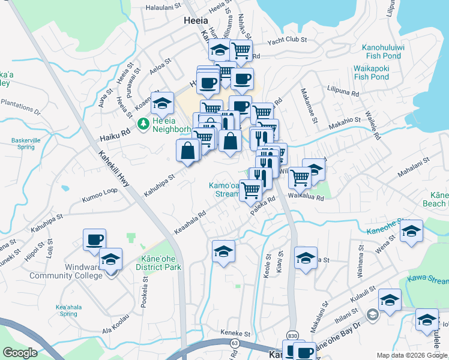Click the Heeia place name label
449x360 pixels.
pyautogui.click(x=195, y=20)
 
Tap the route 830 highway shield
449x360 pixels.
pyautogui.click(x=292, y=335)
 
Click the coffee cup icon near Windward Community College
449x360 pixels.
pyautogui.click(x=95, y=239)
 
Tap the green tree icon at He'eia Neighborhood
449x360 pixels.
pyautogui.click(x=143, y=124)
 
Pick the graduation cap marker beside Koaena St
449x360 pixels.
pyautogui.click(x=161, y=104)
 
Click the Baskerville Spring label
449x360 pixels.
pyautogui.click(x=25, y=144)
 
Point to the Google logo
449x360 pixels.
pyautogui.click(x=20, y=352)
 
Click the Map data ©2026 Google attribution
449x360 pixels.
pyautogui.click(x=412, y=355)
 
